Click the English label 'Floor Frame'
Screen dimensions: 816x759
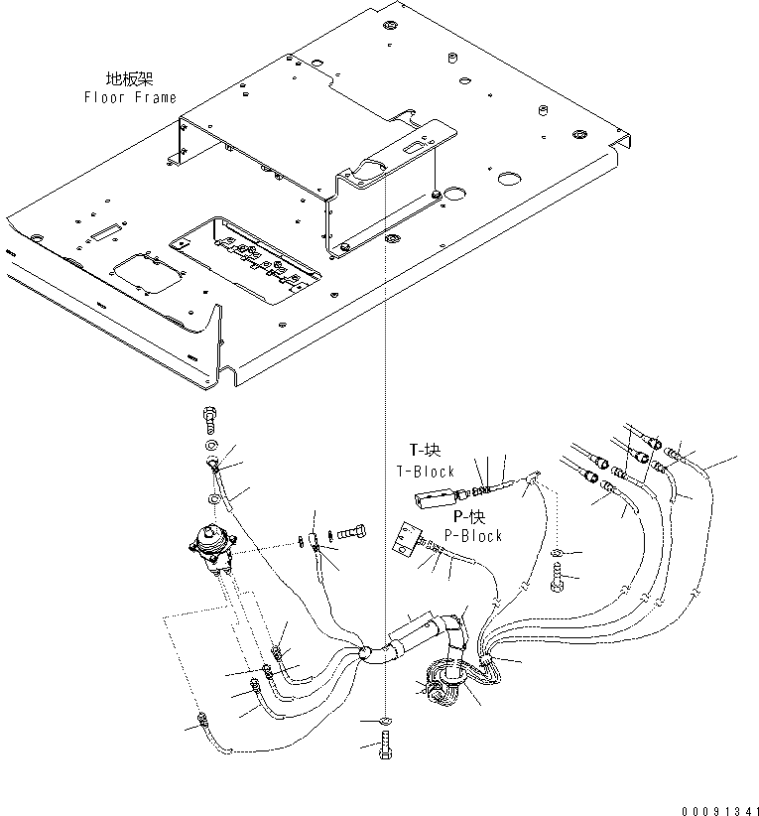tap(130, 97)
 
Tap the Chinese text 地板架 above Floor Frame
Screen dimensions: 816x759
tap(130, 78)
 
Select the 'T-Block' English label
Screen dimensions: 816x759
tap(425, 472)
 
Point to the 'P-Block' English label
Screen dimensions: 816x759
tap(477, 535)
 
